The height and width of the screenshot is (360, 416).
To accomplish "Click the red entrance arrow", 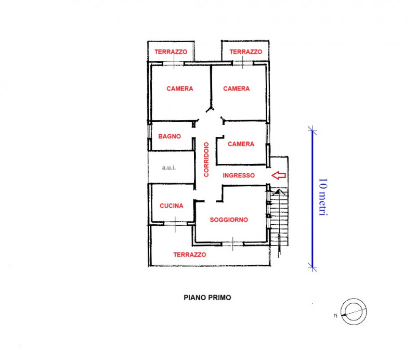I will point(279,175).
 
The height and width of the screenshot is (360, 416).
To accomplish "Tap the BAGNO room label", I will point(170,136).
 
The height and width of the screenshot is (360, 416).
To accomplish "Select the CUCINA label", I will point(172,205).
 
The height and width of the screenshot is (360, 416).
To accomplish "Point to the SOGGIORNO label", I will point(229,220).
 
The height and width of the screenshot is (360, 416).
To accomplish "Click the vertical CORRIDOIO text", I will point(206,159).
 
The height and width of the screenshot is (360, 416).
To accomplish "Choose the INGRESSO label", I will point(239,176).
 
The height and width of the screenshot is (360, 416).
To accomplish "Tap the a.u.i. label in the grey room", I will point(170,168).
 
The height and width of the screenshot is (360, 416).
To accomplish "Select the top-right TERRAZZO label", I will point(245,52).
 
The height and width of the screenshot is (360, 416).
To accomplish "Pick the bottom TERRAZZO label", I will point(190,255).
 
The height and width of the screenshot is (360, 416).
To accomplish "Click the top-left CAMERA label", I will point(180,88).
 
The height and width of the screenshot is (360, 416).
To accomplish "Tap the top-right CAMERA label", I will point(236,88).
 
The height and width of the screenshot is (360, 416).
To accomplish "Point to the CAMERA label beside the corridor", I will point(241,144).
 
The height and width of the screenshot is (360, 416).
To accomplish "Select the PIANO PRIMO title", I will point(207,298).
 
